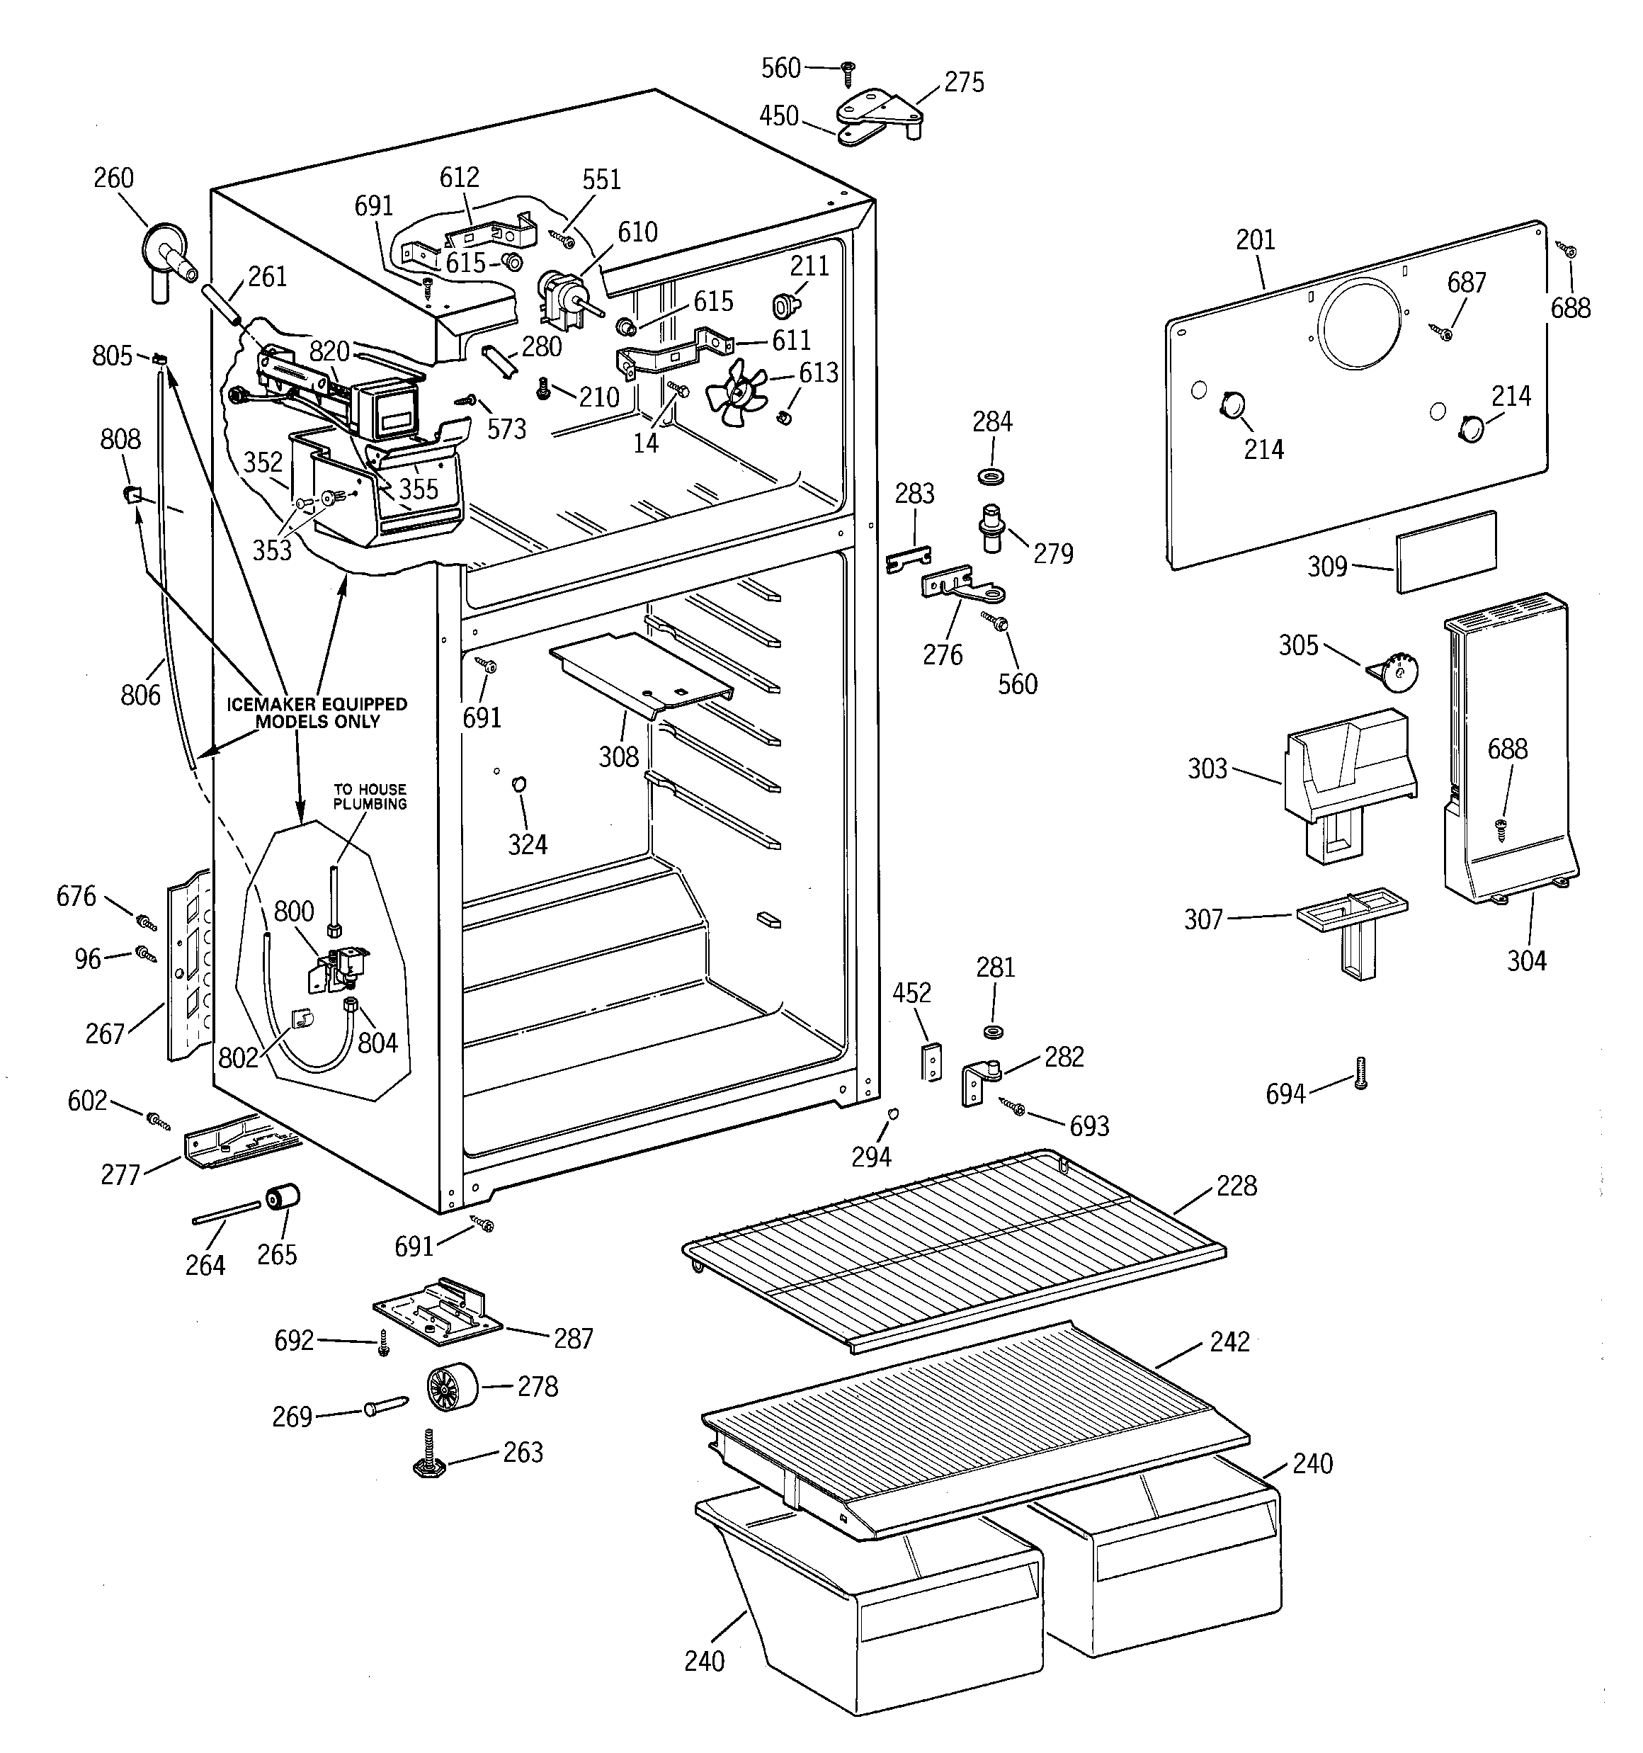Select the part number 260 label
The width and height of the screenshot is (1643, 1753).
point(114,178)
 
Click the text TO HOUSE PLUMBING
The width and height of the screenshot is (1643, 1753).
point(370,796)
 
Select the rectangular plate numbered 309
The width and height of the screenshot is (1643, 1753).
point(1445,552)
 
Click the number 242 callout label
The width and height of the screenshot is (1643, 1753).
point(1229,1341)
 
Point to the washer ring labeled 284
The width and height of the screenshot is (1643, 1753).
point(991,477)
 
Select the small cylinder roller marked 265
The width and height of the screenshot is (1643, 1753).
point(282,1198)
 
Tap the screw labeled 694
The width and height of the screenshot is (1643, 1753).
point(1360,1072)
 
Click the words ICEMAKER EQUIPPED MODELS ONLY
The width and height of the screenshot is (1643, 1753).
point(317,713)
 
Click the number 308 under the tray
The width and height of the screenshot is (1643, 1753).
point(618,756)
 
